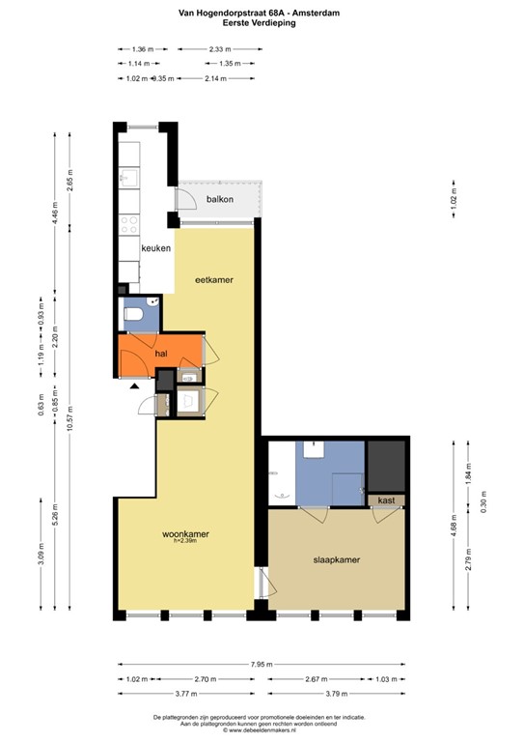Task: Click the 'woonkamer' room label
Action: coord(185,534)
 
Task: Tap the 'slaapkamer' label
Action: coord(337,559)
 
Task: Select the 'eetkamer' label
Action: coord(214,280)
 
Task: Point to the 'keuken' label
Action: coord(155,248)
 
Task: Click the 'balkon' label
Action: coord(220,199)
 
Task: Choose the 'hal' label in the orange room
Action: coord(162,355)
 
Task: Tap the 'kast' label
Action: coord(386,500)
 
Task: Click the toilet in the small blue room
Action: coord(136,316)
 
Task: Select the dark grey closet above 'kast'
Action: coord(387,466)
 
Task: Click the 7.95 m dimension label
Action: coord(260,665)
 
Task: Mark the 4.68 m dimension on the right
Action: coord(454,528)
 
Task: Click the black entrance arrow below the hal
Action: coord(134,385)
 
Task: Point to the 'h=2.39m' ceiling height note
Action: coord(184,543)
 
